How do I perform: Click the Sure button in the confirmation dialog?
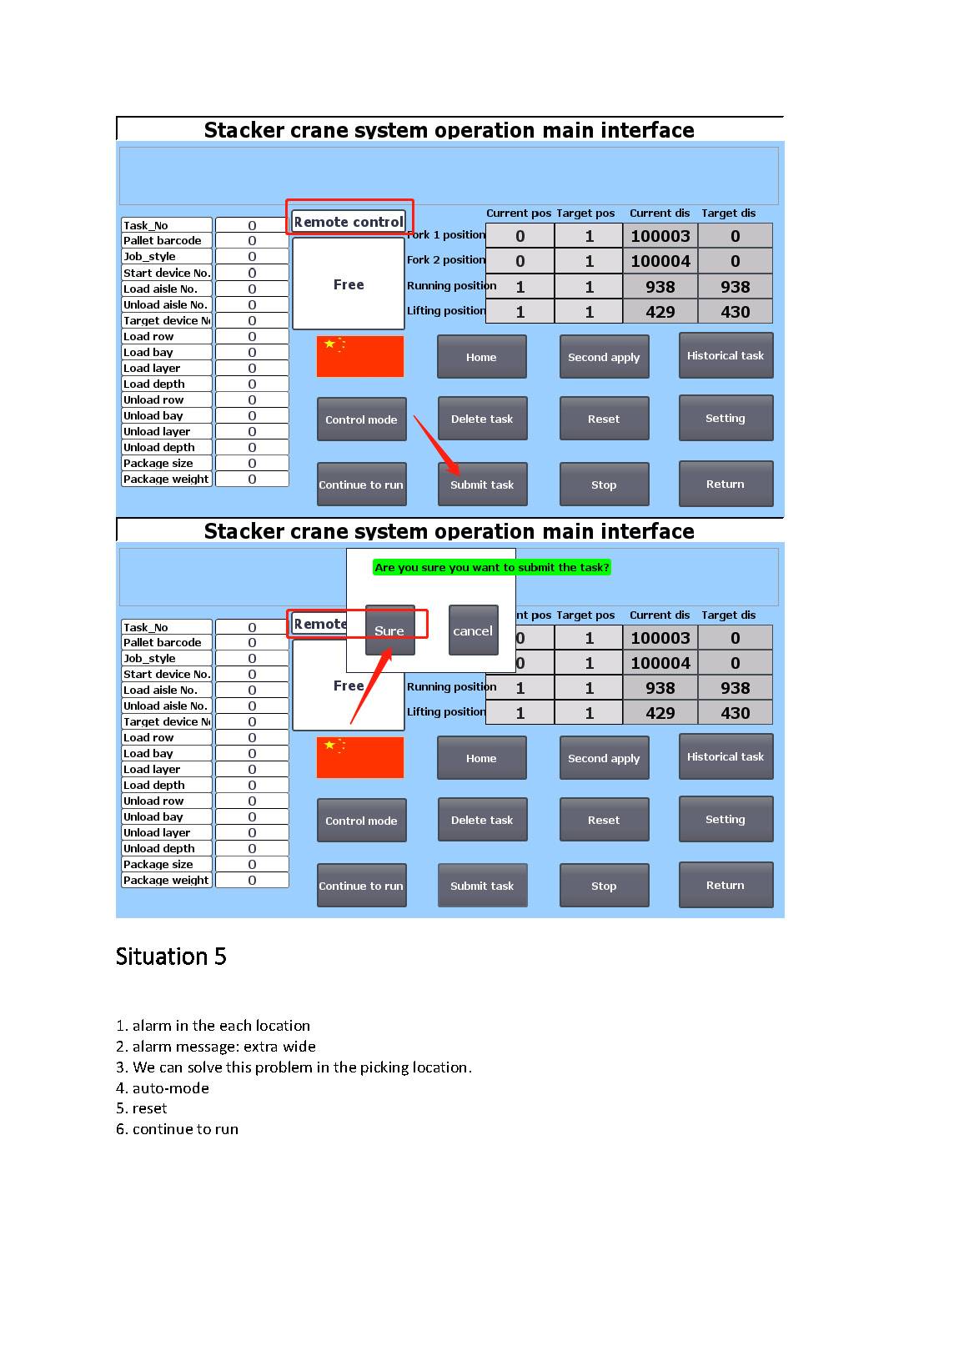coord(389,630)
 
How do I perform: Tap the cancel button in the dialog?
coord(473,630)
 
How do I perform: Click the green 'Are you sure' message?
coord(492,567)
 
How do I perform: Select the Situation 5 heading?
coord(171,957)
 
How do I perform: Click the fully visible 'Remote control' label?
coord(349,222)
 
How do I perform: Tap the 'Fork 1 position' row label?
coord(446,235)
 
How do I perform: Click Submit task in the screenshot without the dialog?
coord(482,485)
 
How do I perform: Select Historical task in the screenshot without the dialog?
coord(726,355)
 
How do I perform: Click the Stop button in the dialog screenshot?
coord(604,886)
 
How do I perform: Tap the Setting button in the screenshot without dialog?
coord(726,418)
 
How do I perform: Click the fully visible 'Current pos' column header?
coord(519,213)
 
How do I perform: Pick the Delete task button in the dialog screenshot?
coord(482,820)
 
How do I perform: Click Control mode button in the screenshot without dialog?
coord(361,419)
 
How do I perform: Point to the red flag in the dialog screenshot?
coord(359,757)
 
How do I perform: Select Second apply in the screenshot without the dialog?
coord(604,357)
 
